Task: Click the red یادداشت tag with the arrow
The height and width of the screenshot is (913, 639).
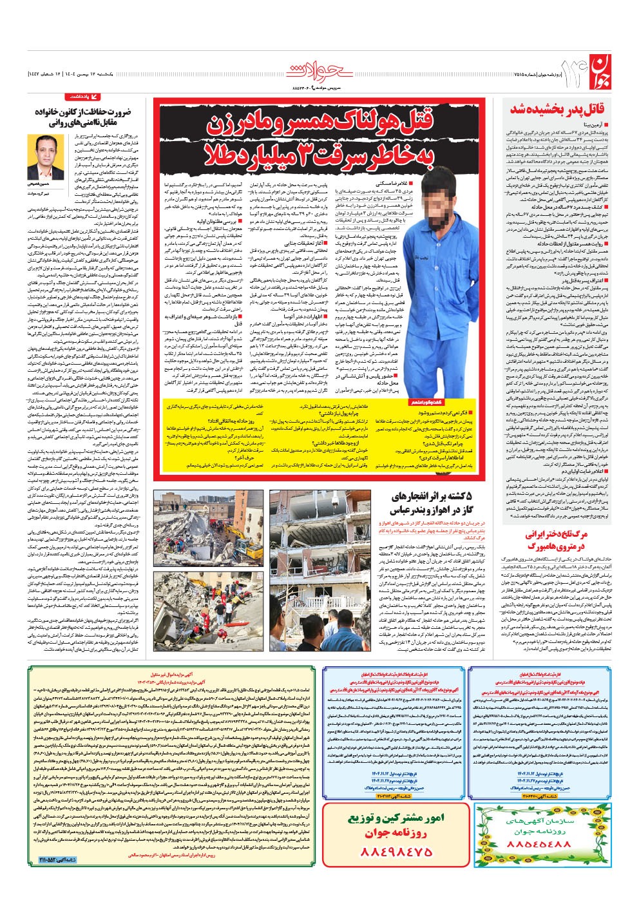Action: click(x=84, y=97)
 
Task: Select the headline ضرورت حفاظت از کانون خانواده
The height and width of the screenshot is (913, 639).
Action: click(x=82, y=117)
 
